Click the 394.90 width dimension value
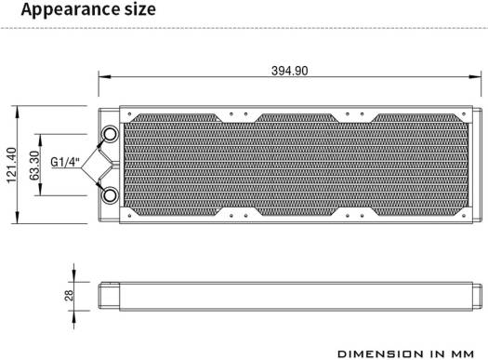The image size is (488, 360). pyautogui.click(x=289, y=71)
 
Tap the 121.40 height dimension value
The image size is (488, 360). pyautogui.click(x=11, y=165)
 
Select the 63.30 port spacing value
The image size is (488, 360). pyautogui.click(x=35, y=166)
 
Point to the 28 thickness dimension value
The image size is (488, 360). pyautogui.click(x=69, y=295)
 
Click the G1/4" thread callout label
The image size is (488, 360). pyautogui.click(x=65, y=162)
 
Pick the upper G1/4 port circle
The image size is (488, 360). pyautogui.click(x=110, y=134)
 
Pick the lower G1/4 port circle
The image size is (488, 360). pyautogui.click(x=110, y=196)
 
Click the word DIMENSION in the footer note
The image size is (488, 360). pyautogui.click(x=380, y=354)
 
